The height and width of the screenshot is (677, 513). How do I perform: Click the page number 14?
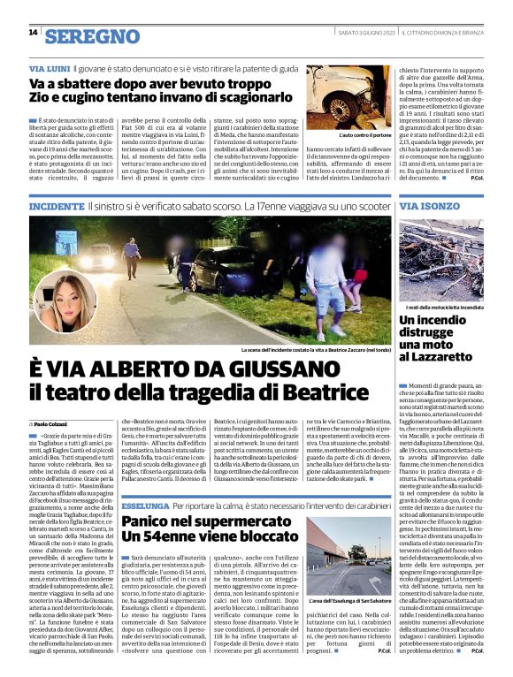33,33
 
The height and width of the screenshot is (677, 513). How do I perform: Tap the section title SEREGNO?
92,35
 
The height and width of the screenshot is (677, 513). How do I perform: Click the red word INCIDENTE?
57,206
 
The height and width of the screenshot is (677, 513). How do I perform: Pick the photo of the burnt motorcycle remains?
441,258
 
